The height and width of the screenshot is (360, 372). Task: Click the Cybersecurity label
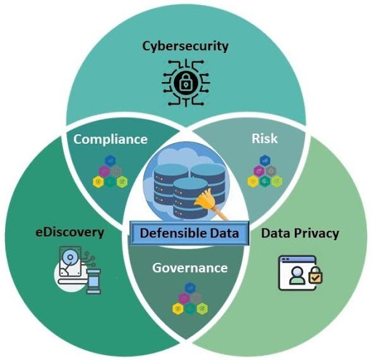185,46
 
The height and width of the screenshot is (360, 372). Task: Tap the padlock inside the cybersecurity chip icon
186,83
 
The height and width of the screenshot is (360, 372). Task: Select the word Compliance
110,139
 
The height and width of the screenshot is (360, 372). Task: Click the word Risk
264,139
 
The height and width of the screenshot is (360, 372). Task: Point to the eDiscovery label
70,232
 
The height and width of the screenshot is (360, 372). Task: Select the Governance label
190,268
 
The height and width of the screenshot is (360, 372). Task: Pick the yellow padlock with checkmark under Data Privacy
315,276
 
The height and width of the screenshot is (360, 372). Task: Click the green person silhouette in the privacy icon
297,276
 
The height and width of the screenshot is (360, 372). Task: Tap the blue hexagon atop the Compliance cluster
110,160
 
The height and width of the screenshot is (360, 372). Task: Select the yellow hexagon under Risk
253,181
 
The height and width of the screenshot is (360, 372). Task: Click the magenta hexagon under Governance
184,298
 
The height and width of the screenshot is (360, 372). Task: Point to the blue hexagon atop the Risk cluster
264,160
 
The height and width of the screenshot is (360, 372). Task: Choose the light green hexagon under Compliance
122,181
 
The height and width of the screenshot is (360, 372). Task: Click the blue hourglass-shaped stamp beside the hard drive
94,282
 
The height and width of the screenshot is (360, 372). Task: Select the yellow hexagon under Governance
178,308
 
